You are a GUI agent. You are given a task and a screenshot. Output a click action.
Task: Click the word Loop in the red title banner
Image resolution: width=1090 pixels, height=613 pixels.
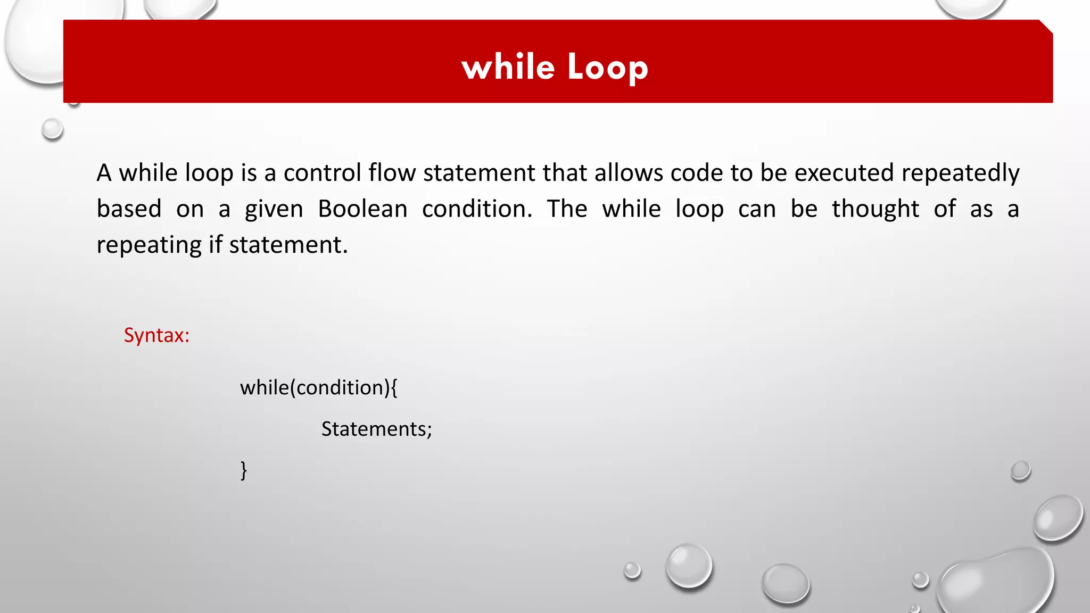point(608,68)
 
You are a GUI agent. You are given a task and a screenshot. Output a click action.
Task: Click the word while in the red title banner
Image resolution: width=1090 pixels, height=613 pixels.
point(508,68)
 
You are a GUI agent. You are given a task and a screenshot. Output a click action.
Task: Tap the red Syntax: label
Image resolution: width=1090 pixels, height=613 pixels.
point(156,335)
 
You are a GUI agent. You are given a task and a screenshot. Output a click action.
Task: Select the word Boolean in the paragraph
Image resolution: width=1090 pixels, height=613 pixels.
point(362,209)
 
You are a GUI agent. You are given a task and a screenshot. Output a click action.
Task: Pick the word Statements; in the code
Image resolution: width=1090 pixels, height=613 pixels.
point(376,429)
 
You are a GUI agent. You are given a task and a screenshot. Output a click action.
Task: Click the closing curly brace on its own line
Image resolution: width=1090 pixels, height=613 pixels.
point(244,470)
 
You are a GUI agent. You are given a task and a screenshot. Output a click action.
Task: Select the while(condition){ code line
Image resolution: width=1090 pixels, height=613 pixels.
point(318,387)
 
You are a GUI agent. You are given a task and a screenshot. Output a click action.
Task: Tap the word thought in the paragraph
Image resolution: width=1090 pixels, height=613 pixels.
point(876,209)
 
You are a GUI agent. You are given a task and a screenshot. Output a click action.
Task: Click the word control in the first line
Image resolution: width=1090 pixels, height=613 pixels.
point(322,173)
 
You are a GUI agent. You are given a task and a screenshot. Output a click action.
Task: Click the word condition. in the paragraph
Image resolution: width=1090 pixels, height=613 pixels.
point(477,209)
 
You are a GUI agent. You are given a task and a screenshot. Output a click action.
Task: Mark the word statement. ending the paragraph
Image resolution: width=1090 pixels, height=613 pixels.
point(288,245)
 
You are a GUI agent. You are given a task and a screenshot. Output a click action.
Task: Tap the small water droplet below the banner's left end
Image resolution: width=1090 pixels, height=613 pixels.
point(52,129)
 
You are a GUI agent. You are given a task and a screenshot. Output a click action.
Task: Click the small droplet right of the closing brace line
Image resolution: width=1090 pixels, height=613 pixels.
point(1020,471)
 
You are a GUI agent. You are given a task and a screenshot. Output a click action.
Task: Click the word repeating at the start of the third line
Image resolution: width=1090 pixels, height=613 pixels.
point(149,245)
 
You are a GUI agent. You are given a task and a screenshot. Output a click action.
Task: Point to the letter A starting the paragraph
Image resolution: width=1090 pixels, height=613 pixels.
point(104,173)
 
